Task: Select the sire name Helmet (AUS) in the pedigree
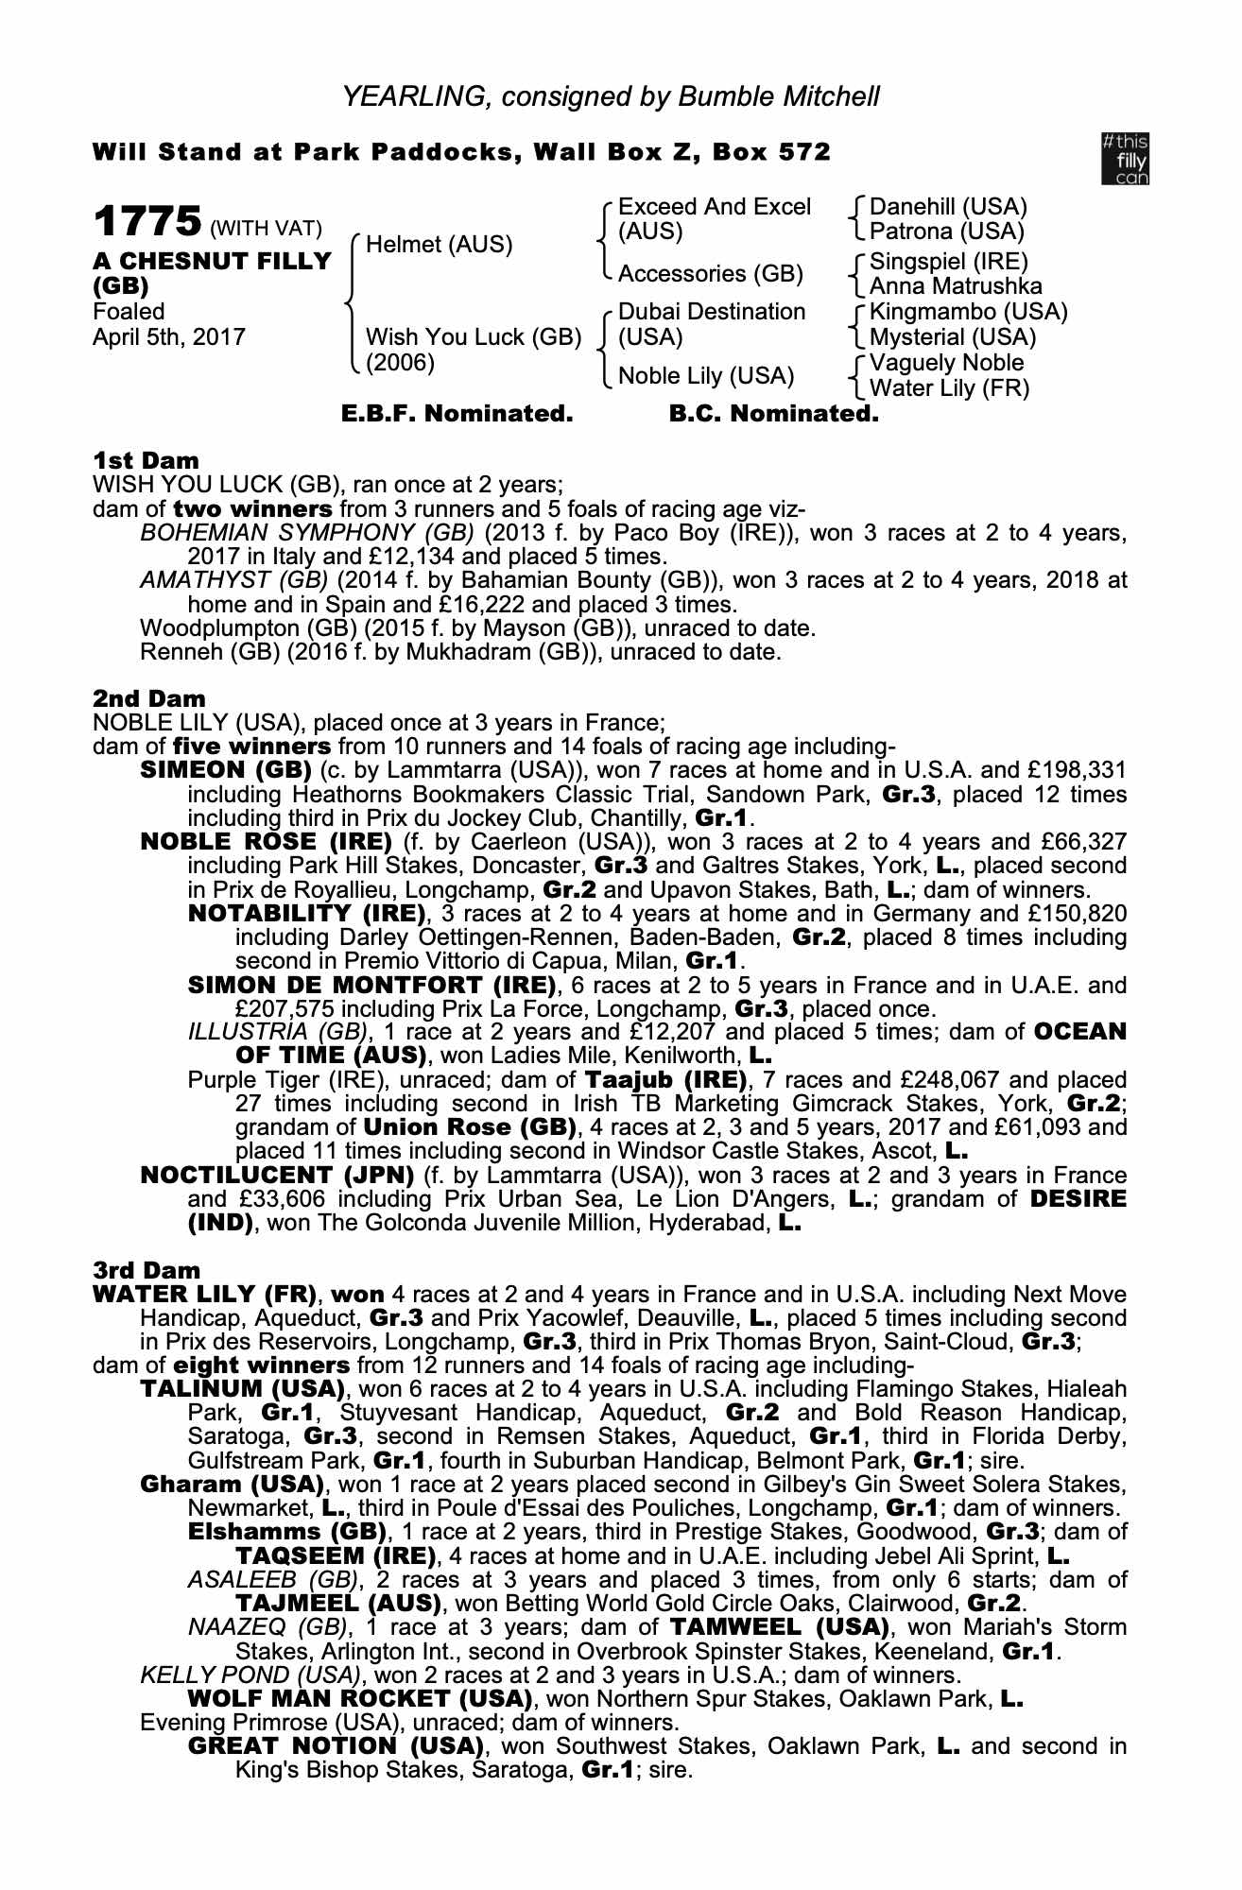point(439,245)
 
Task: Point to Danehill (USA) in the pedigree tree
point(947,207)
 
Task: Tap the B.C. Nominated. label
point(773,414)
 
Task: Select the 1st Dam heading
point(146,460)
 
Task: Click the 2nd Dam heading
point(148,698)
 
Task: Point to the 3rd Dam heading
point(147,1270)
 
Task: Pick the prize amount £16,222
point(511,605)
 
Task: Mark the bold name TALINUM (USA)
point(241,1389)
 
